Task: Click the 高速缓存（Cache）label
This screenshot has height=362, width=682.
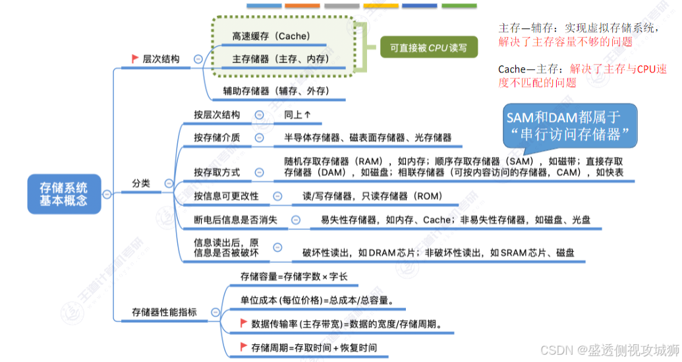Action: pos(270,36)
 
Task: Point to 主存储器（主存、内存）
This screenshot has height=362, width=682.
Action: pos(279,59)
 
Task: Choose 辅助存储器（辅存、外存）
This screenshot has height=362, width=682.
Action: pos(276,91)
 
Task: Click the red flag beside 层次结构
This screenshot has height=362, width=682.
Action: pos(135,59)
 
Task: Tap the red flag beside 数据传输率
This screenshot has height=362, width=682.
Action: pos(244,323)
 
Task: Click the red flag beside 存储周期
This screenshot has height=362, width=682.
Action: pos(244,347)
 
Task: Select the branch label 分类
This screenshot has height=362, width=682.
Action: pos(141,183)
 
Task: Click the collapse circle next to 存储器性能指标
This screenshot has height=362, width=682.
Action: pos(215,312)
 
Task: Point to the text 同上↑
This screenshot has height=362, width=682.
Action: pos(297,115)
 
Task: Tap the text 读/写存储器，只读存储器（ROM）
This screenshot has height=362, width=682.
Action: pos(372,196)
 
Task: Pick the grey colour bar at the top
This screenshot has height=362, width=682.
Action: pos(341,6)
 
